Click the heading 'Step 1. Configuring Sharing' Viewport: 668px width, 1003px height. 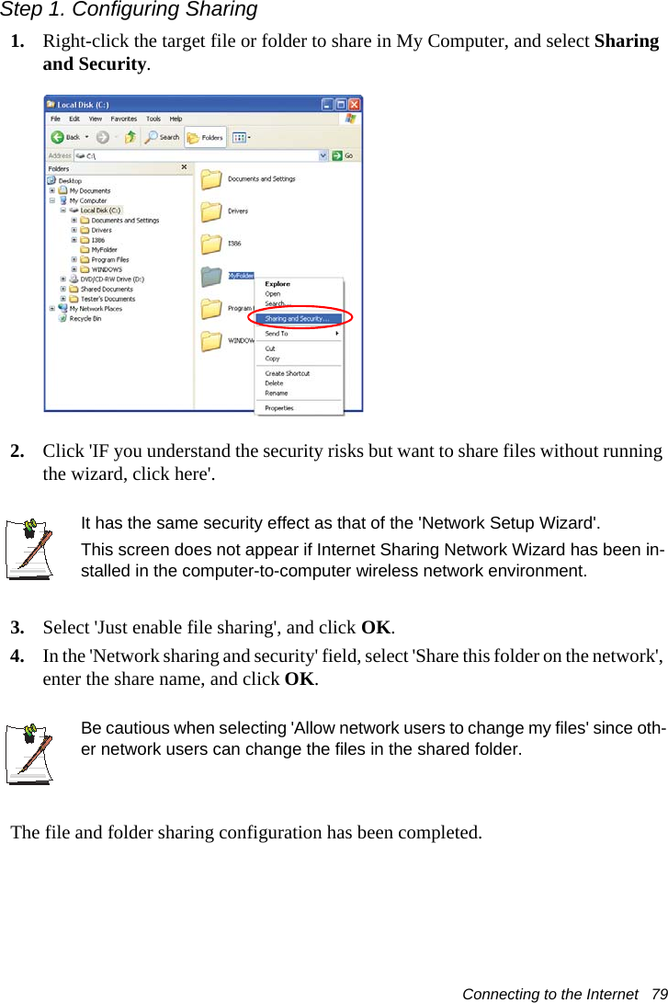129,10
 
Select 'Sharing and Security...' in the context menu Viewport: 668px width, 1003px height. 296,319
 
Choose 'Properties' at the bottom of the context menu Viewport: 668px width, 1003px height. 279,407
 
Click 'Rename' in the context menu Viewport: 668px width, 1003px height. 276,393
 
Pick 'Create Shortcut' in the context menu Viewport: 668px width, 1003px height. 287,373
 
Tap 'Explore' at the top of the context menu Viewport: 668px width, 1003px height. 277,284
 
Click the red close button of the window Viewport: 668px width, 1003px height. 353,105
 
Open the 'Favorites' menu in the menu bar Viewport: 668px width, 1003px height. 124,119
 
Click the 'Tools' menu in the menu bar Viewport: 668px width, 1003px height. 153,119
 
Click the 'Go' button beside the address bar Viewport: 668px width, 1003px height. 345,156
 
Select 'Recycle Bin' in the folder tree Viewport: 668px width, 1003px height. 85,319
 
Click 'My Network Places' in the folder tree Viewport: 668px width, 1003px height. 95,309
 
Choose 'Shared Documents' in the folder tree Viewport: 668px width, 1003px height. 106,289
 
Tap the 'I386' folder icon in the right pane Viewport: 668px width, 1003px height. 211,244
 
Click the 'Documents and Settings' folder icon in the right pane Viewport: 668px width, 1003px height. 211,179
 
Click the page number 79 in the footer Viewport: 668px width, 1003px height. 659,994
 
